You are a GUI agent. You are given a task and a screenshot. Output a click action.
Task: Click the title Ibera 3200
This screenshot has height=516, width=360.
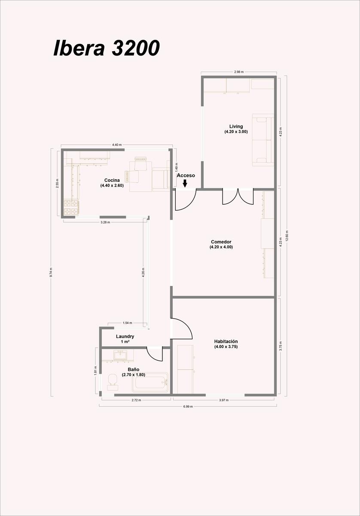[107, 48]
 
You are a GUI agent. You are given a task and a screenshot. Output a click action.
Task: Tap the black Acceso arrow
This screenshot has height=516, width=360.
[185, 183]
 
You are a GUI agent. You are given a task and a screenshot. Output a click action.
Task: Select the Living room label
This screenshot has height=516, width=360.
[236, 129]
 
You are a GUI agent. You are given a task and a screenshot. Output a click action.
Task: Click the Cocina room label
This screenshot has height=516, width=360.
[112, 183]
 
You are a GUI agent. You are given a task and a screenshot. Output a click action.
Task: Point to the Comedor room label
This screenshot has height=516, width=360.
[221, 244]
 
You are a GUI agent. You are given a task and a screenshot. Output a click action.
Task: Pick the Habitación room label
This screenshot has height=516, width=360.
[226, 344]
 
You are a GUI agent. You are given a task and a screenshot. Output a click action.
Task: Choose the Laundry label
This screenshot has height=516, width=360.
[125, 339]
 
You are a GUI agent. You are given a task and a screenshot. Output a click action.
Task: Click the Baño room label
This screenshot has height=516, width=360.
[134, 372]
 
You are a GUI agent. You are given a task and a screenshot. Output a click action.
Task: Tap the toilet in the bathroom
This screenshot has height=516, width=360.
[113, 382]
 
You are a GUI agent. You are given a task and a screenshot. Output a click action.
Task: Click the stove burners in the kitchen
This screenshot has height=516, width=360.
[71, 207]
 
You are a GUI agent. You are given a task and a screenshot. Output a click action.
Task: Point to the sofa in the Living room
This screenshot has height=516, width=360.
[263, 140]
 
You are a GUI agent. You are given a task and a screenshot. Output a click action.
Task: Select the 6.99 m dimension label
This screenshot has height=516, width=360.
[188, 407]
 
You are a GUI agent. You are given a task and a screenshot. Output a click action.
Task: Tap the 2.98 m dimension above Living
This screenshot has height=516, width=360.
[239, 72]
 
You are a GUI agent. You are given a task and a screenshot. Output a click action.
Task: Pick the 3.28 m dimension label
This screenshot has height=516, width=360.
[105, 222]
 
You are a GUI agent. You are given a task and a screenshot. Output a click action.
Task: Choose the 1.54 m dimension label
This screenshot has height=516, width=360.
[127, 323]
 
